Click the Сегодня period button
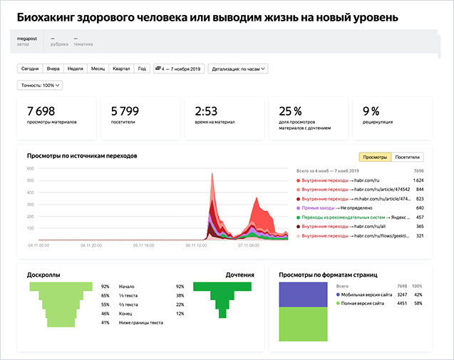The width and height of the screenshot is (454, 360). tap(30, 69)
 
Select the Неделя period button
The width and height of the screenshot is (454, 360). tap(75, 69)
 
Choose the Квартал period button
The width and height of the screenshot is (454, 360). tap(121, 69)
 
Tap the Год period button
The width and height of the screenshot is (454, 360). tap(142, 69)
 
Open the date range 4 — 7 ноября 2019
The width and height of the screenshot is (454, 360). tap(178, 69)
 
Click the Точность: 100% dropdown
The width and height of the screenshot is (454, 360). tap(41, 86)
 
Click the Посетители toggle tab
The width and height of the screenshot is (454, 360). tap(408, 157)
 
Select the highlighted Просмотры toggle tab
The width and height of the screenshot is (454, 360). tap(375, 157)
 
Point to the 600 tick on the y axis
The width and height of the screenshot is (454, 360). tap(31, 169)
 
